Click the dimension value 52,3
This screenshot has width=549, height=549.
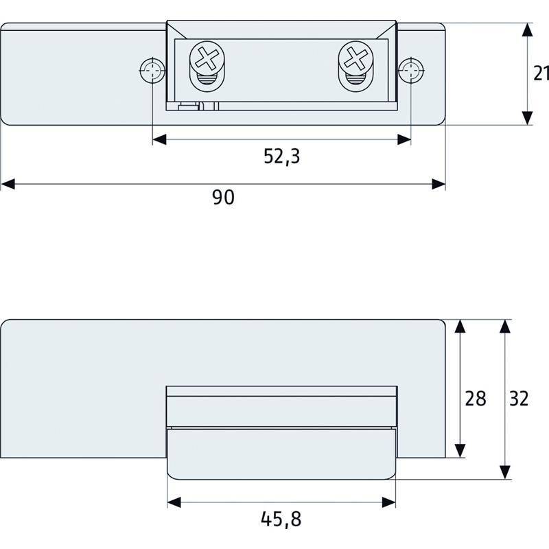pos(281,157)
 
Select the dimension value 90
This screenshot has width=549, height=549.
pos(223,198)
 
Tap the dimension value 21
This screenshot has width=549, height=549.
pos(541,73)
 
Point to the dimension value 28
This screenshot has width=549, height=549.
pos(476,398)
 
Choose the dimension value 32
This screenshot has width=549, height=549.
pos(519,398)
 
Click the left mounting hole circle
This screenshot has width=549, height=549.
pos(151,69)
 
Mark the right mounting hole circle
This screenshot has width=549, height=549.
pos(411,69)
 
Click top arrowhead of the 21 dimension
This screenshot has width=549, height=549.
pos(526,30)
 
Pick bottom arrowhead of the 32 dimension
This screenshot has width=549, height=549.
pos(505,471)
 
